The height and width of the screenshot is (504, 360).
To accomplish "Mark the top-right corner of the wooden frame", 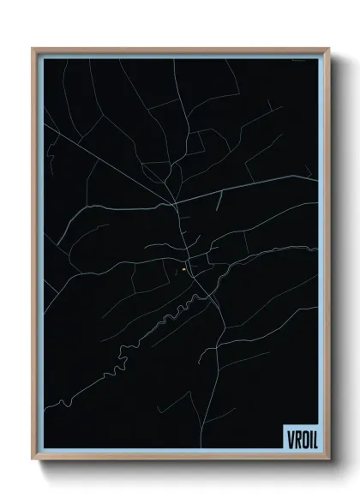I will click(327, 49).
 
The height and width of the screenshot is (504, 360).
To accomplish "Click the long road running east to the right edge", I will click(257, 185).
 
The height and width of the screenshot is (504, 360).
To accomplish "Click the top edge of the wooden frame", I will click(180, 49).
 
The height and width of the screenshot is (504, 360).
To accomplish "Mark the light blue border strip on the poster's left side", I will click(39, 257).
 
